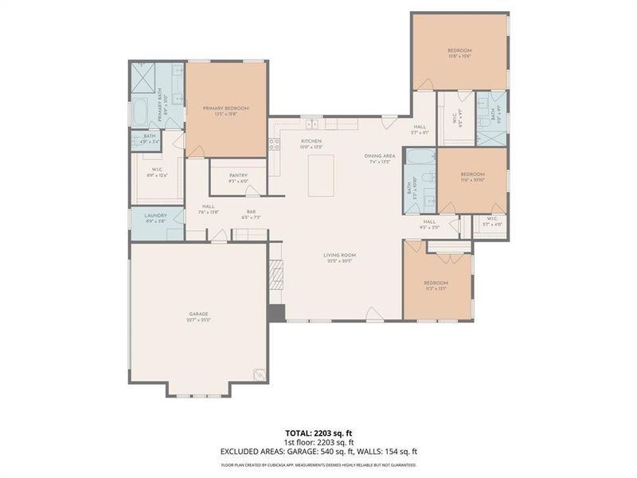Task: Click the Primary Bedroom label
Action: [225, 108]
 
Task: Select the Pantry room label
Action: [237, 175]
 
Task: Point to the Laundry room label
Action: [155, 216]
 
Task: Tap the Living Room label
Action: [338, 256]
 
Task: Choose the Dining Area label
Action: [380, 155]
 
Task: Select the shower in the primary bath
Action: [143, 79]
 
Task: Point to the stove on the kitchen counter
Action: [274, 145]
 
